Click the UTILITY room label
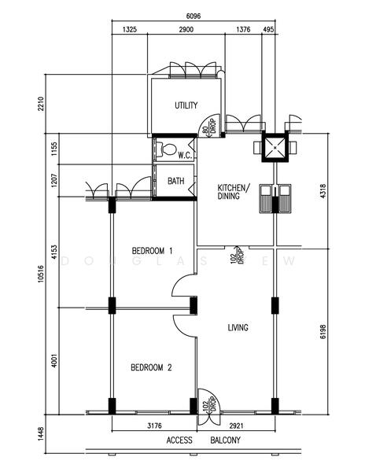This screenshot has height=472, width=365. (x=186, y=105)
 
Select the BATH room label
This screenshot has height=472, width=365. (x=176, y=181)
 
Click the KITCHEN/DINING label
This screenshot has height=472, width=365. (x=233, y=192)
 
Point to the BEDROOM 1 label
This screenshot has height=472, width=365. (x=152, y=251)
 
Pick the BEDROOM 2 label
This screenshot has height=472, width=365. (x=151, y=367)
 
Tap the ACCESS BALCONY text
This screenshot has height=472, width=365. (x=203, y=441)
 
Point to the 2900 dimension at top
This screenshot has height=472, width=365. (x=187, y=30)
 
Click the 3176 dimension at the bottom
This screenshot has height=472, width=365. (x=153, y=426)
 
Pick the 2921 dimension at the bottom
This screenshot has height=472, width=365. (x=236, y=426)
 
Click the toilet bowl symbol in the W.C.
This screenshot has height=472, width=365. (x=168, y=149)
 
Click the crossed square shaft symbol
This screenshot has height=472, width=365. (x=276, y=147)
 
